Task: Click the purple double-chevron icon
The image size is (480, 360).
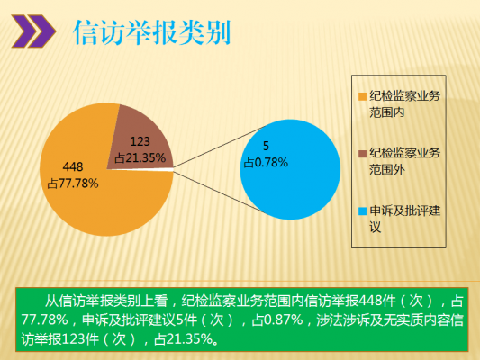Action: click(x=33, y=31)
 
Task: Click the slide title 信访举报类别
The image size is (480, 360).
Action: click(x=152, y=32)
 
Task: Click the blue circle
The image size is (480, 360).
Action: click(x=290, y=169)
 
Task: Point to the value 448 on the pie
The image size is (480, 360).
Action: click(x=73, y=166)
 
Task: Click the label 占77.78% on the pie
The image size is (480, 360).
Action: click(x=73, y=184)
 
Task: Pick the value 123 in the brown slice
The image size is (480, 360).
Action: click(x=140, y=141)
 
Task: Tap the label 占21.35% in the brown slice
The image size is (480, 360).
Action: click(x=140, y=157)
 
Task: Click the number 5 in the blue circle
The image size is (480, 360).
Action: click(x=266, y=146)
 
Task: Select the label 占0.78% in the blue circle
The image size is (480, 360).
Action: click(x=266, y=163)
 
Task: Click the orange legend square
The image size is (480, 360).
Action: click(x=362, y=96)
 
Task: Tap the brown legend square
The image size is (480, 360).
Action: click(x=362, y=154)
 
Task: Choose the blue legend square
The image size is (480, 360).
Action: click(x=362, y=211)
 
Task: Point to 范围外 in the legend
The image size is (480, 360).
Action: click(x=387, y=169)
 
